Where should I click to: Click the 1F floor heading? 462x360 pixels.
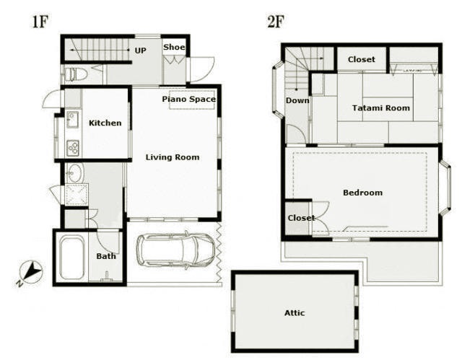click(x=40, y=22)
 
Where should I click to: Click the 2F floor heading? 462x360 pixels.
click(x=276, y=22)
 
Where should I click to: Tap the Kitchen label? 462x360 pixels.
click(x=105, y=123)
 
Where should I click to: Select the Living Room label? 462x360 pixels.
click(x=173, y=157)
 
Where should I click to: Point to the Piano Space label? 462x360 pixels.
click(x=189, y=100)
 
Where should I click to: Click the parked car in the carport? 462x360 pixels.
click(x=175, y=250)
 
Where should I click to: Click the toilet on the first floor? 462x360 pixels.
click(x=75, y=74)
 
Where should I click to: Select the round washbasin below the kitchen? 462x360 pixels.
click(x=75, y=173)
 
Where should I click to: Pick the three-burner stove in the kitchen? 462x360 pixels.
click(x=72, y=148)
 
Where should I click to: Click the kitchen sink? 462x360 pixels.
click(x=72, y=119)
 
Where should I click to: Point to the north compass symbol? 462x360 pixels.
click(x=30, y=273)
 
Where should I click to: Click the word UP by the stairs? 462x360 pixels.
click(x=140, y=51)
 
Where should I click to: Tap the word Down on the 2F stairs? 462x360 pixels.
click(x=297, y=101)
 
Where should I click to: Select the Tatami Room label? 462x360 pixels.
click(x=381, y=108)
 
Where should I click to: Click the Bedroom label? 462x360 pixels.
click(x=362, y=193)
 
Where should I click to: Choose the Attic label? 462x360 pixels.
click(x=295, y=313)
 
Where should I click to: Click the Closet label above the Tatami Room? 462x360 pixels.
click(x=362, y=59)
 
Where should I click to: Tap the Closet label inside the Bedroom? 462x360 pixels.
click(x=301, y=218)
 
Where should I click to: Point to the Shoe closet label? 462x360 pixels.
click(x=174, y=47)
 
